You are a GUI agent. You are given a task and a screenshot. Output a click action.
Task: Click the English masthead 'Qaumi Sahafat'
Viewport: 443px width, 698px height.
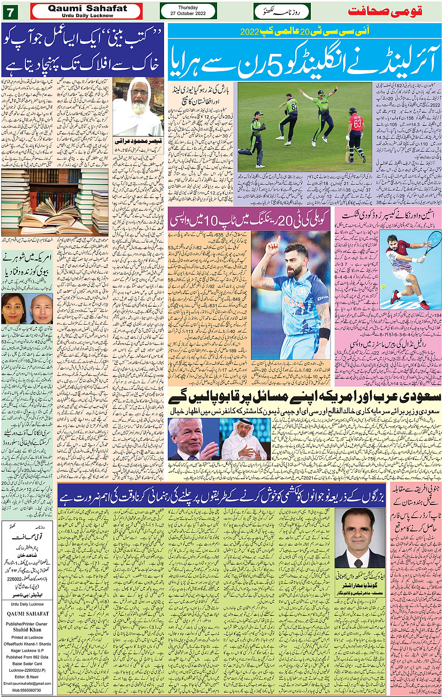click(87, 8)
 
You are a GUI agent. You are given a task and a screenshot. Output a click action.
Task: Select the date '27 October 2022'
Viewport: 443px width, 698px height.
click(188, 14)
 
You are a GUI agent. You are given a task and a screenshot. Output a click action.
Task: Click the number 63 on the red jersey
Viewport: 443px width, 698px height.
click(357, 124)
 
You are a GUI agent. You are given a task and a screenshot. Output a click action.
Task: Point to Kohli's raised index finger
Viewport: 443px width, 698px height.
click(278, 239)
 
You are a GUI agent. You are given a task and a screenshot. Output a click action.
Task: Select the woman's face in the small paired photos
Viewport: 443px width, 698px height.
click(14, 308)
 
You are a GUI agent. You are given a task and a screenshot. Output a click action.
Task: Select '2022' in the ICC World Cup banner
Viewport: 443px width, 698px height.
click(249, 32)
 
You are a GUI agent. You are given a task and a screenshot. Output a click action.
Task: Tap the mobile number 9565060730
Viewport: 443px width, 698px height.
click(27, 690)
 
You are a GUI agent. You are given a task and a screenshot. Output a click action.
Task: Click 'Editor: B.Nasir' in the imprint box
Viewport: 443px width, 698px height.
click(27, 676)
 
